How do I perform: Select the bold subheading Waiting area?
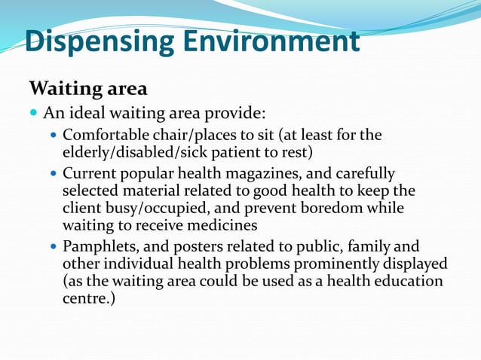[x=87, y=89]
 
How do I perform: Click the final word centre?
[x=83, y=297]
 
